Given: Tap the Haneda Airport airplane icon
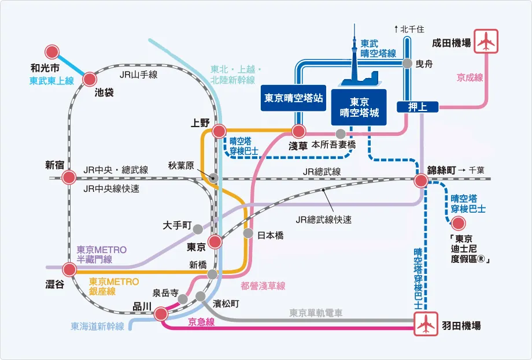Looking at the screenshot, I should tap(426, 325).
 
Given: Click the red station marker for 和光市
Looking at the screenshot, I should tap(53, 51).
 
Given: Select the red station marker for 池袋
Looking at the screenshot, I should tap(90, 79).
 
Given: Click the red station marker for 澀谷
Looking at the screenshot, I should tap(69, 269).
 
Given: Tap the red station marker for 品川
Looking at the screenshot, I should tap(161, 314).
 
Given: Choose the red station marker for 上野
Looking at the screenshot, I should tap(219, 131).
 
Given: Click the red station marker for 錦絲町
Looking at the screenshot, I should tap(421, 181).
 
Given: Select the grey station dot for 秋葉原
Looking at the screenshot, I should tap(213, 177).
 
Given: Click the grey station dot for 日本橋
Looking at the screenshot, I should tap(248, 233).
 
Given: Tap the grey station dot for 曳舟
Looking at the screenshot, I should tap(407, 64).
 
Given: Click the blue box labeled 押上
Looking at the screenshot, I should tap(417, 106).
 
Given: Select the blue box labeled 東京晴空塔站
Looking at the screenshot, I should tap(293, 98).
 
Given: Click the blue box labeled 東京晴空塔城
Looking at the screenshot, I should tap(359, 107).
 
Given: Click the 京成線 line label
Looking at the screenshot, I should tap(470, 76).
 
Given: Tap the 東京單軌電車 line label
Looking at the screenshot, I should tap(316, 313).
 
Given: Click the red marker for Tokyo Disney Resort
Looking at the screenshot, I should tap(458, 223).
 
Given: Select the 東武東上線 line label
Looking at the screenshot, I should tap(52, 81).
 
